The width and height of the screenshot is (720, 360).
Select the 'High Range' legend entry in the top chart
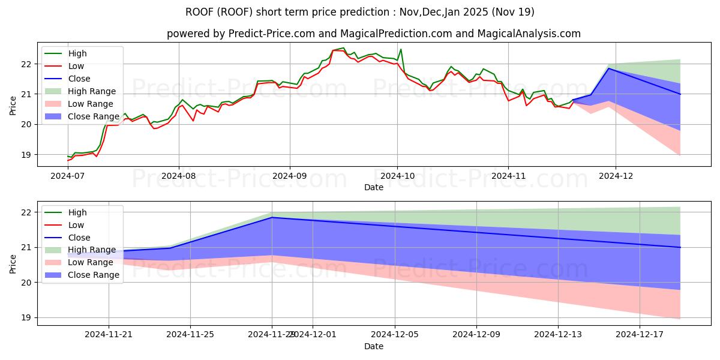(x=92, y=91)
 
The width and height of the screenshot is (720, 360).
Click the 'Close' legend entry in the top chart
(x=79, y=79)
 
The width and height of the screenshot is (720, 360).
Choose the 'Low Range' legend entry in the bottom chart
(x=91, y=263)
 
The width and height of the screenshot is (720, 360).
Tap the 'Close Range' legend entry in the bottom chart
(x=94, y=275)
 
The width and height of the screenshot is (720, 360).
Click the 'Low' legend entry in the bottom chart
(x=76, y=225)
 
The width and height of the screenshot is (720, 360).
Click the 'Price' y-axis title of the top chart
(x=13, y=104)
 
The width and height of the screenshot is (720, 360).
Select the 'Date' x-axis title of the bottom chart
(x=373, y=347)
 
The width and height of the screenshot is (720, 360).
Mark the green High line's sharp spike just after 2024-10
(x=401, y=49)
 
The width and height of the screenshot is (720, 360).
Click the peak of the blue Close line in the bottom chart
(x=272, y=217)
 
